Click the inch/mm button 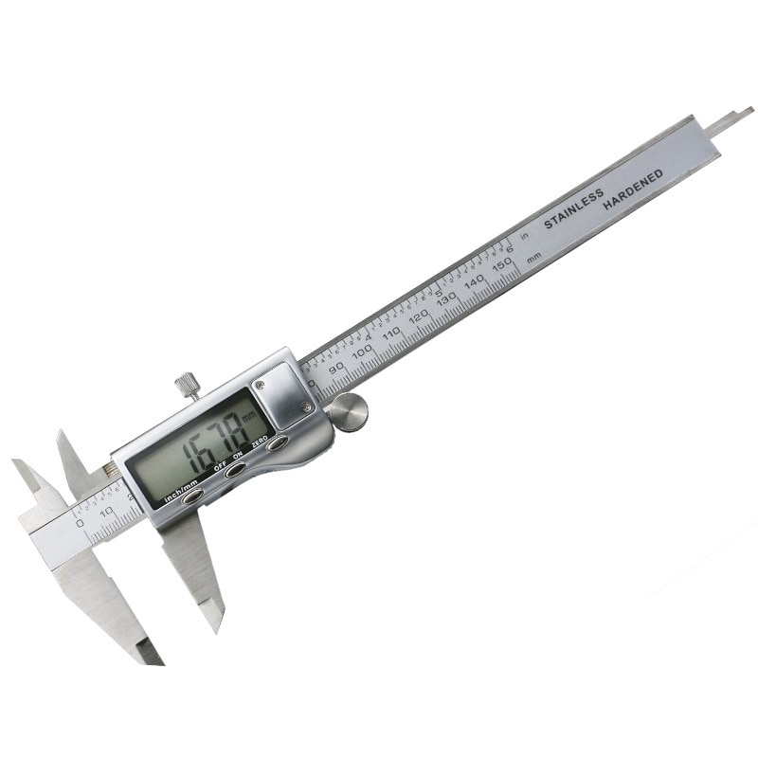pyautogui.click(x=192, y=496)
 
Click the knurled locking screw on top pyautogui.click(x=186, y=386)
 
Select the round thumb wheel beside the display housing pyautogui.click(x=349, y=412)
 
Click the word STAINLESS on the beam pyautogui.click(x=573, y=210)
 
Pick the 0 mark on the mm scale pyautogui.click(x=80, y=523)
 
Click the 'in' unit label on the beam pyautogui.click(x=524, y=238)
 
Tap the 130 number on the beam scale pyautogui.click(x=446, y=298)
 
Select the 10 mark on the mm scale pyautogui.click(x=106, y=511)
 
